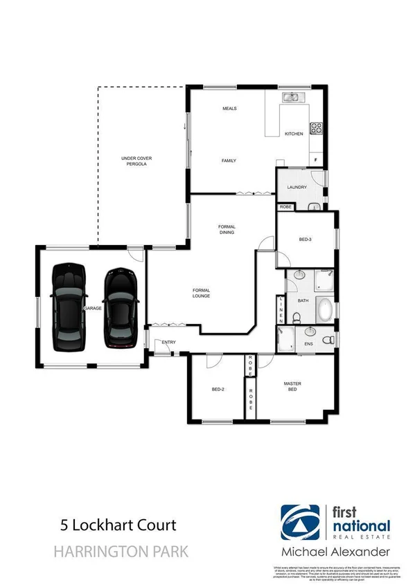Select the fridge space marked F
point(316,161)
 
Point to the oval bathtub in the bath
point(324,307)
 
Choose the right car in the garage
point(121,307)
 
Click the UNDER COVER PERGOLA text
point(136,162)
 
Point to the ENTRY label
point(168,343)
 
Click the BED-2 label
point(218,390)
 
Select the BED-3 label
point(306,240)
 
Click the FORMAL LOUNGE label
point(201,293)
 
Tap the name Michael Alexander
point(335,552)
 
